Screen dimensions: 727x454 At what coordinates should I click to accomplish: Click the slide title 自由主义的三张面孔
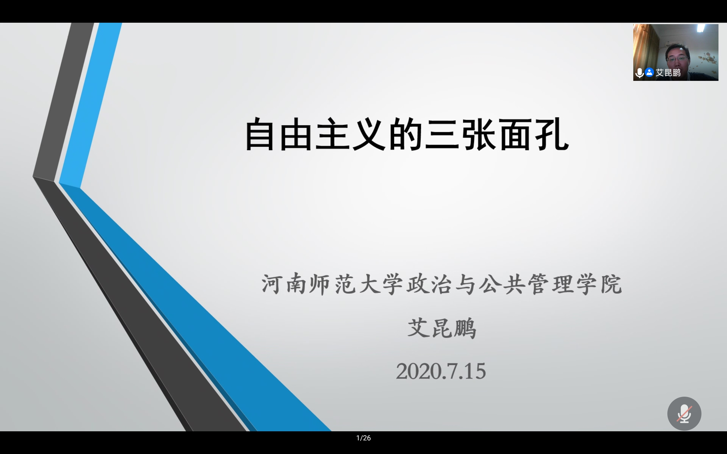pos(407,134)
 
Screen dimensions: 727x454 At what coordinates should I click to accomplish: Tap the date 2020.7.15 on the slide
pos(441,371)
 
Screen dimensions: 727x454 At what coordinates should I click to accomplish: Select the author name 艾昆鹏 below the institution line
pos(442,328)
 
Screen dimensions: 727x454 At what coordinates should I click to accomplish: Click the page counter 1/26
pos(363,438)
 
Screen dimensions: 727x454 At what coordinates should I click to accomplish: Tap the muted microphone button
pos(684,413)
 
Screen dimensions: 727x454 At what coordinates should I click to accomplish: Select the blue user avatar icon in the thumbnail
pos(649,72)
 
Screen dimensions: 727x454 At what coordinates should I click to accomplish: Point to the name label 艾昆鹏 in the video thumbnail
pos(668,73)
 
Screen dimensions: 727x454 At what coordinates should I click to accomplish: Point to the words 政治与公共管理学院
pos(514,284)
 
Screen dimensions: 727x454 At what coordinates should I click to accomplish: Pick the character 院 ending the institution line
pos(611,284)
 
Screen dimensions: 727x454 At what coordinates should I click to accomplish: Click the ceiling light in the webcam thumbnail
pos(701,28)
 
